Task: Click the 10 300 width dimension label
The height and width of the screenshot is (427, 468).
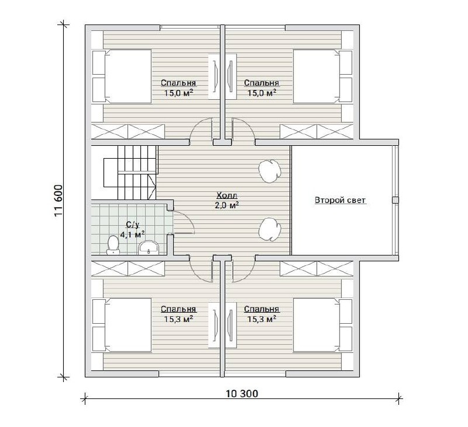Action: coord(242,394)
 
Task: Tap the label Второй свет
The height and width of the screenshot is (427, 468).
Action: coord(340,200)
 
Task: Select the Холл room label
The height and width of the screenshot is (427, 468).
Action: coord(227,196)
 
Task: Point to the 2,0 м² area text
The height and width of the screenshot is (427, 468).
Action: coord(227,205)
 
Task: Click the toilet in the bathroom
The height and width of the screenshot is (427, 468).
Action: coord(113,245)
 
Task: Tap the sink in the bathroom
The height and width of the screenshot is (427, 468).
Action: coord(148,248)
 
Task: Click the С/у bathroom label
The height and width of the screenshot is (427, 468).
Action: coord(133,225)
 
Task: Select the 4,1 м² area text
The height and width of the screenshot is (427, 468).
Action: coord(133,235)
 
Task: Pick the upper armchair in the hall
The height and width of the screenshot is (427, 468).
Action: coord(270,171)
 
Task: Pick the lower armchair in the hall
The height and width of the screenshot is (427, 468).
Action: coord(270,229)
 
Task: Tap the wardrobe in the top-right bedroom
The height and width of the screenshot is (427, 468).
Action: coord(316,132)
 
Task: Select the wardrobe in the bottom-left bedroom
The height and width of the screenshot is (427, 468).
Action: coord(128,268)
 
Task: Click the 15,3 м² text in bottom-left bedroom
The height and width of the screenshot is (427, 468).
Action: coord(178,319)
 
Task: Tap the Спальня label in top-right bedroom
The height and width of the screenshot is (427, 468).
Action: coord(261,83)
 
